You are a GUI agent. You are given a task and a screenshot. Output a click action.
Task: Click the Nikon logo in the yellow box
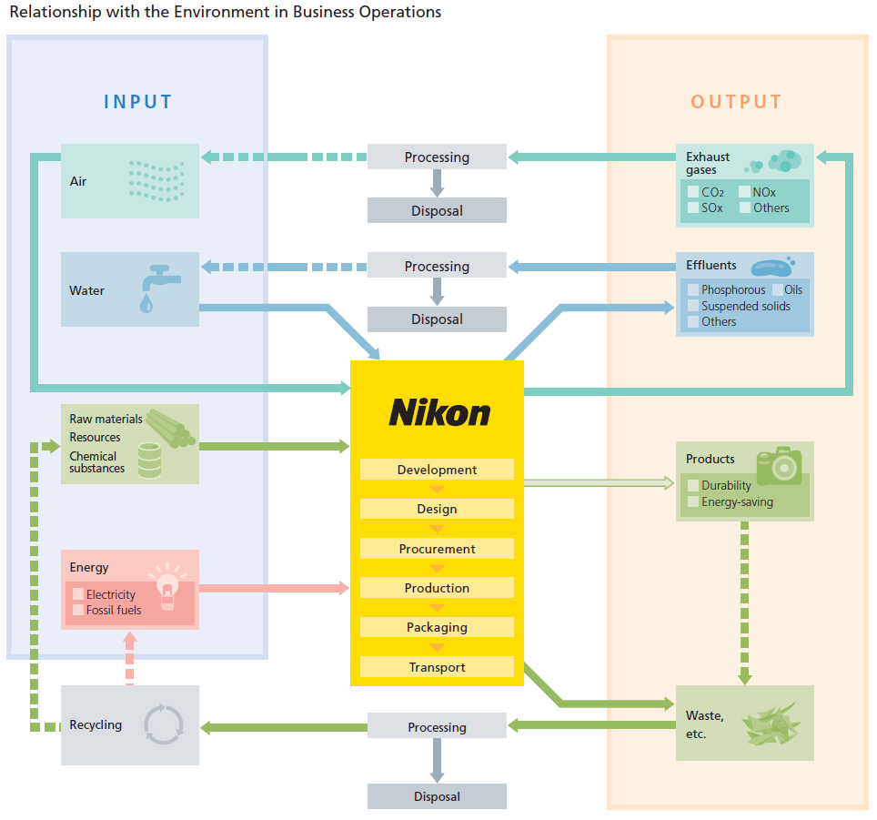pos(438,413)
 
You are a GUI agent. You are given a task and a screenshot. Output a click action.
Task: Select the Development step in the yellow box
pos(437,470)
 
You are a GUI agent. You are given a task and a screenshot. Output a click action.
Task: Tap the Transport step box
pos(437,667)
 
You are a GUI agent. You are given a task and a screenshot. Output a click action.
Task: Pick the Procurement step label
pos(437,549)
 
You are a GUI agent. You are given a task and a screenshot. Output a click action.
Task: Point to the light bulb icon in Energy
pos(166,587)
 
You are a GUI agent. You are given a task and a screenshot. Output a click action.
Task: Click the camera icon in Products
pos(779,465)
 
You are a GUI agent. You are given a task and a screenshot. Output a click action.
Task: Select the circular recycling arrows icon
pos(164,724)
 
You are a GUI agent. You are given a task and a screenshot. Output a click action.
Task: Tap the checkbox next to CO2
pos(693,192)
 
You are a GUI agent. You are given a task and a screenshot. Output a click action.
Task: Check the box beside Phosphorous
pos(693,290)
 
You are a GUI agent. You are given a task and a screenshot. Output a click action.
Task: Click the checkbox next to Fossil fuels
pos(78,610)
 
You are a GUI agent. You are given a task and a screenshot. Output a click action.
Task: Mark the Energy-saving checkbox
pos(693,501)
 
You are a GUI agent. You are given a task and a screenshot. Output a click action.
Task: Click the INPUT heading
pos(137,101)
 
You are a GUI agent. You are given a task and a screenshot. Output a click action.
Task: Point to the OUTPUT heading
pos(736,101)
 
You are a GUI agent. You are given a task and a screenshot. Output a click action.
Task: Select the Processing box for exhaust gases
pos(437,157)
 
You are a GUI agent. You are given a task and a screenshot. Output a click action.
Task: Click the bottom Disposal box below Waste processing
pos(437,796)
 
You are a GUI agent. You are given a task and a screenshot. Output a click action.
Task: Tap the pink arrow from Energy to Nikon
pos(273,588)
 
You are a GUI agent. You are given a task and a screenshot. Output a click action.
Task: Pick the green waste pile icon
pos(771,723)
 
